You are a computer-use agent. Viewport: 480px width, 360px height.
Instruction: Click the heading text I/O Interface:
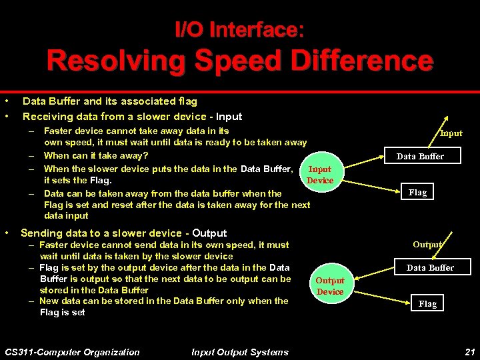[x=239, y=29]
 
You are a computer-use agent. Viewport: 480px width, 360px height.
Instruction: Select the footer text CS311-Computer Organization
[x=72, y=352]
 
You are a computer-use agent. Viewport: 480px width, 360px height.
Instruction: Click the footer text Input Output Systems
[x=239, y=352]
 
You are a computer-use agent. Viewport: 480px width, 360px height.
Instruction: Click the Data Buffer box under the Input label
[x=420, y=156]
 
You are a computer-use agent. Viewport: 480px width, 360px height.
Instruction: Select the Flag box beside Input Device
[x=417, y=192]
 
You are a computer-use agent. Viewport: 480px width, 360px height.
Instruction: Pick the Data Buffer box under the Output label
[x=430, y=267]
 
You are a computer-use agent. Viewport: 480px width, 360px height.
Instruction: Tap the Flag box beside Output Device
[x=427, y=303]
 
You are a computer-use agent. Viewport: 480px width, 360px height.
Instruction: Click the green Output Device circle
[x=330, y=286]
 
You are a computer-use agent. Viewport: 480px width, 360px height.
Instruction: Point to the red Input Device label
[x=320, y=175]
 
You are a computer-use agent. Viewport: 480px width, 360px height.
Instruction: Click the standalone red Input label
[x=451, y=133]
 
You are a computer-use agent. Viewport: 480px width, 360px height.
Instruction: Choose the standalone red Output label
[x=427, y=245]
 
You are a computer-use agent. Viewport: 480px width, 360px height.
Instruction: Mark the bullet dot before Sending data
[x=6, y=233]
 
